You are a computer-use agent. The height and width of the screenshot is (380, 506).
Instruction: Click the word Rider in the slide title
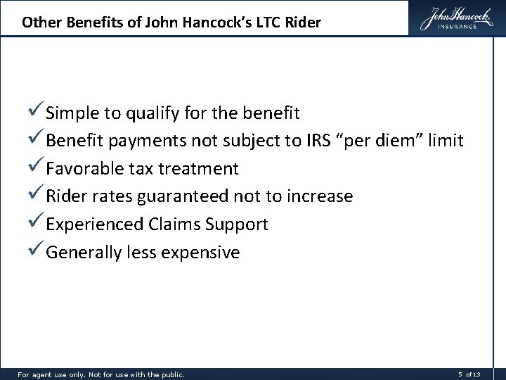(302, 23)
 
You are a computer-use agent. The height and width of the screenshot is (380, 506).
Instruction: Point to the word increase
(320, 197)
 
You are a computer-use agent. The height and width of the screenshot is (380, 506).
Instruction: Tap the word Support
(238, 225)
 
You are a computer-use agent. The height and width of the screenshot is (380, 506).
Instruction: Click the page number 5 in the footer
(460, 374)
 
